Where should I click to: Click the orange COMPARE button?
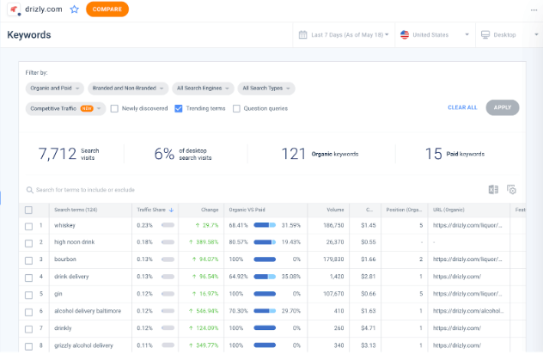click(x=107, y=9)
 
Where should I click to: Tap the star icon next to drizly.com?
click(x=74, y=9)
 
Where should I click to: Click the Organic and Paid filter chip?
click(x=54, y=88)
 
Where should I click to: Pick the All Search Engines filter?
click(x=202, y=88)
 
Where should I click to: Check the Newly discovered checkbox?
click(x=114, y=108)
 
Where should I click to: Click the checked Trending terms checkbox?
click(x=179, y=108)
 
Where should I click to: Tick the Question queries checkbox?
click(x=236, y=108)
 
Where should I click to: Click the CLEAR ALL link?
click(x=462, y=107)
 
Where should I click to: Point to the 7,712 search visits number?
click(x=57, y=154)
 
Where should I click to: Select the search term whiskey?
click(x=64, y=226)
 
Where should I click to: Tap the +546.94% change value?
click(x=202, y=310)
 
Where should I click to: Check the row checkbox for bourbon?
click(x=28, y=259)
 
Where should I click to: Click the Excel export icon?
click(x=493, y=190)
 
